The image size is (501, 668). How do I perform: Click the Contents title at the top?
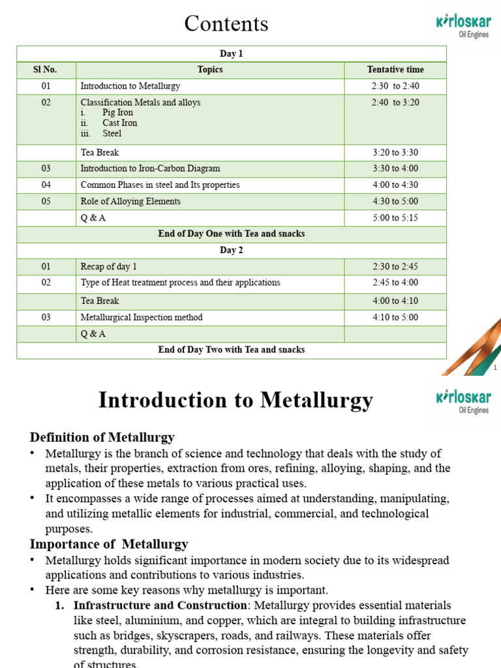coord(226,23)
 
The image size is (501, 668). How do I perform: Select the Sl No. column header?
coord(46,70)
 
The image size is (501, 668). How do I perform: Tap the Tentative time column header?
coord(395,70)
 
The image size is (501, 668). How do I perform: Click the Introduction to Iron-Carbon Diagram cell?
coord(150,168)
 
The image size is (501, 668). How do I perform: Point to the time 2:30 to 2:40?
coord(395,86)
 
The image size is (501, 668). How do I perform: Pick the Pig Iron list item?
coord(117,113)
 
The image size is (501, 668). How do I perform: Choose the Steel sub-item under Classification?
coord(112,134)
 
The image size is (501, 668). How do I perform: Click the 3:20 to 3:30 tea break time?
coord(395,153)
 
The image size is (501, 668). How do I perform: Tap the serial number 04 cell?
coord(46,185)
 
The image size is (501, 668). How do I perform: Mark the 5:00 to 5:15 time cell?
coord(395,218)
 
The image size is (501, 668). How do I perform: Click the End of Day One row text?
coord(232,234)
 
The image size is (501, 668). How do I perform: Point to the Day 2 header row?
coord(232,250)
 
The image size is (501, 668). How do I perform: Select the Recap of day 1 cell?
coord(108,267)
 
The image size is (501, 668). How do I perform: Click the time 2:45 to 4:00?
coord(395,283)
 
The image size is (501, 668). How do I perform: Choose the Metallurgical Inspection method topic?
coord(142,318)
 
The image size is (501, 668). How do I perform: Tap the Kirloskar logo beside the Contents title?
coord(462,25)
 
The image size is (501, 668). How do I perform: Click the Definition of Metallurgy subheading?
coord(102,437)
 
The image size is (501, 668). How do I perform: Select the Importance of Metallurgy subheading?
coord(109,544)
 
